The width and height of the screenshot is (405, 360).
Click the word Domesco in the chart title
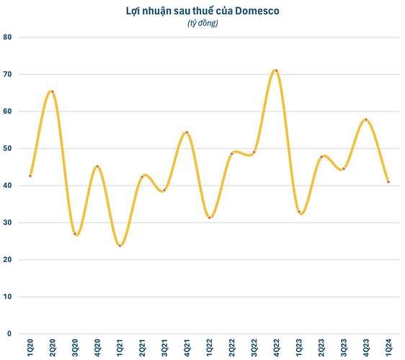coord(257,11)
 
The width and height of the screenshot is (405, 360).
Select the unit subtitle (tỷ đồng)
coord(202,23)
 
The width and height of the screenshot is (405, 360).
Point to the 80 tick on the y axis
coord(7,37)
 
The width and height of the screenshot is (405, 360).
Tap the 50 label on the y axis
coord(7,148)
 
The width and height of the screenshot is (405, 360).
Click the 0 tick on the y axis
coord(9,333)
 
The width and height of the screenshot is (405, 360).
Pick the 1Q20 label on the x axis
coord(30,348)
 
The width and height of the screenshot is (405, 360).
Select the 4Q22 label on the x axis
coord(277,348)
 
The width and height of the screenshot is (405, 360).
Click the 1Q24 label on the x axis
coord(388,348)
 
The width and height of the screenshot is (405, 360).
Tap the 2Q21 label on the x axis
coord(142,348)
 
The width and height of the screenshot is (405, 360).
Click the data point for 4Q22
coord(277,71)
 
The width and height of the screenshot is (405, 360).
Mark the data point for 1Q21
coord(120,246)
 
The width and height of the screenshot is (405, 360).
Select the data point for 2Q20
coord(53,91)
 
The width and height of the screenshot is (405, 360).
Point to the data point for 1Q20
coord(30,176)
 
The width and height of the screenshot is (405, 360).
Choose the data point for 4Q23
coord(366,120)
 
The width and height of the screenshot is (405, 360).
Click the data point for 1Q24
coord(388,182)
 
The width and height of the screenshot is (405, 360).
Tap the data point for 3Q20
coord(75,234)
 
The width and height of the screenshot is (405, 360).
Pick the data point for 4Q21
coord(187,132)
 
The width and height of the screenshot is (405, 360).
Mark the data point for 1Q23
coord(299,212)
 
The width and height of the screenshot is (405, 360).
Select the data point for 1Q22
coord(210,217)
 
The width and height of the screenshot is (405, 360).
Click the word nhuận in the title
coord(157,12)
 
